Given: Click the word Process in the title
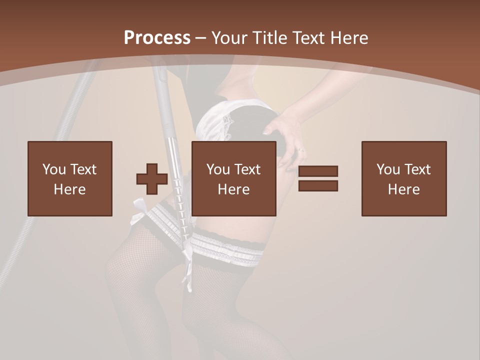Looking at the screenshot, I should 157,38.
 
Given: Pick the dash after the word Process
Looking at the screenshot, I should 200,38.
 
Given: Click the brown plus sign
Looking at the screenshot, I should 152,179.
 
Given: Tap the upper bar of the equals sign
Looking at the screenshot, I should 318,171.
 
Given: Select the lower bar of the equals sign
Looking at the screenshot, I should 318,186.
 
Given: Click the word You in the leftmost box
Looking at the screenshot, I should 53,169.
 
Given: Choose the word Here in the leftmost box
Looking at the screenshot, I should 69,189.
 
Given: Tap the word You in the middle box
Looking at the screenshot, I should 217,169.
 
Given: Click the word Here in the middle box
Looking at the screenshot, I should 233,189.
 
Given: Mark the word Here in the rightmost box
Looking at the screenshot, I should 403,189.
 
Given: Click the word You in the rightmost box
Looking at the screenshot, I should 387,169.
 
